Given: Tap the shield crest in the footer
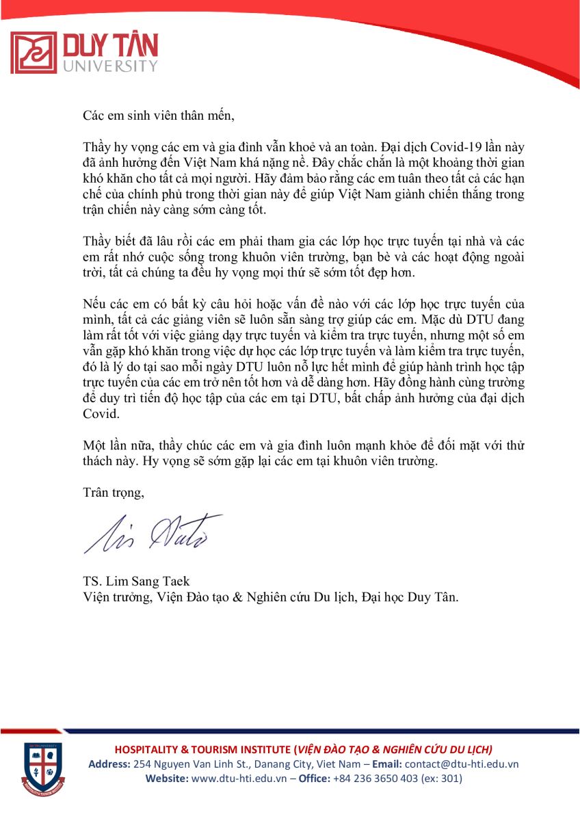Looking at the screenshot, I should (x=42, y=768).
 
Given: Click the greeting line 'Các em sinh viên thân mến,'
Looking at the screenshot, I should (x=159, y=114).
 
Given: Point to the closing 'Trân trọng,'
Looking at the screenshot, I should (x=114, y=492).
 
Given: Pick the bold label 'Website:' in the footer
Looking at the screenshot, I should (x=167, y=779).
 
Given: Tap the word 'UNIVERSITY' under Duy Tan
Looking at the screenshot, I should (x=110, y=66).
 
